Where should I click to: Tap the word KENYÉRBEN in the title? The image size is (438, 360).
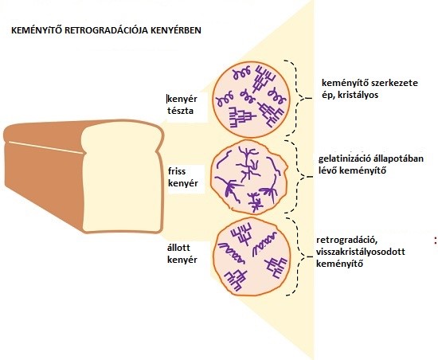(176, 30)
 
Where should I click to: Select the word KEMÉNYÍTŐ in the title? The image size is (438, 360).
(37, 30)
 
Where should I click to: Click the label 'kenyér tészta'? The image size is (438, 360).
(182, 104)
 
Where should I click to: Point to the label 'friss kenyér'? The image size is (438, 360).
(183, 177)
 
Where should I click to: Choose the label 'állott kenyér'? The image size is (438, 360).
(182, 253)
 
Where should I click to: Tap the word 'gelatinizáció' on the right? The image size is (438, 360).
(345, 158)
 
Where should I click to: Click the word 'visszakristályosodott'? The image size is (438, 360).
(361, 252)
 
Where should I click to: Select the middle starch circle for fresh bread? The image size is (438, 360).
(248, 176)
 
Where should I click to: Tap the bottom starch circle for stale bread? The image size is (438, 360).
(252, 256)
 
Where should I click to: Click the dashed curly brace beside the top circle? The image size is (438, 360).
(297, 98)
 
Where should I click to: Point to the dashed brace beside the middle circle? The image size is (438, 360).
(297, 177)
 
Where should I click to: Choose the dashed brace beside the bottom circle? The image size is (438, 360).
(297, 256)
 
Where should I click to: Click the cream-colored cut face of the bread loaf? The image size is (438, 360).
(122, 178)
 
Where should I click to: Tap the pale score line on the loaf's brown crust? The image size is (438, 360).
(46, 147)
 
